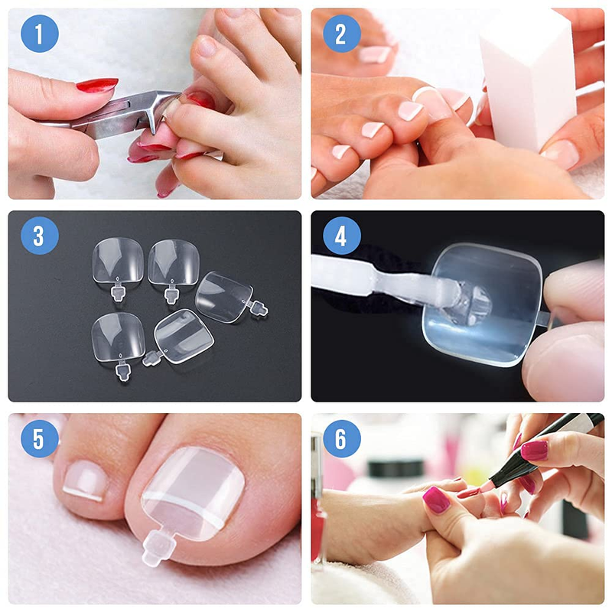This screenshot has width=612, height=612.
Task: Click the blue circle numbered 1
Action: point(40,34)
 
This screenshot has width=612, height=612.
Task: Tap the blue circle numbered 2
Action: point(341,34)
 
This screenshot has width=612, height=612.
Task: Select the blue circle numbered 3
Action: point(40,236)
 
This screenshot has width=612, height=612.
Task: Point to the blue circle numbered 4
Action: point(341,236)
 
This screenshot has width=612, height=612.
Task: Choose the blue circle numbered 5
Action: point(40,438)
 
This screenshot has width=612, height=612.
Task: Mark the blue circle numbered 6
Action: point(341,438)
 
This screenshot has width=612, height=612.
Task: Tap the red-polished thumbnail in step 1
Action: point(97,85)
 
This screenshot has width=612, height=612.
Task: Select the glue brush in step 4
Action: point(394,280)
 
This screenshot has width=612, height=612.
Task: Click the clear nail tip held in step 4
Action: point(484,304)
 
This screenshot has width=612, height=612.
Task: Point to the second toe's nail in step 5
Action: point(85,480)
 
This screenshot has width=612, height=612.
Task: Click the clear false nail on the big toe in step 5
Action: point(194,493)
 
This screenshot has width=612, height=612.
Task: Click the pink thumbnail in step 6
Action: point(436,500)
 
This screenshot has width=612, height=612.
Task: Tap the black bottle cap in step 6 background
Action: point(395,469)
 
